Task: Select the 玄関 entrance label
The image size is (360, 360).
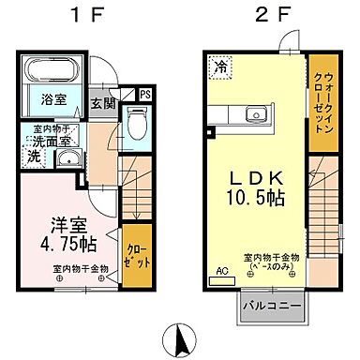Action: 103,103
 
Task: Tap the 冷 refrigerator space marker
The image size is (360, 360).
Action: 220,67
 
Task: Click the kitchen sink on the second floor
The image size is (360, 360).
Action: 253,116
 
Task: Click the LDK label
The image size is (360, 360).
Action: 251,177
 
